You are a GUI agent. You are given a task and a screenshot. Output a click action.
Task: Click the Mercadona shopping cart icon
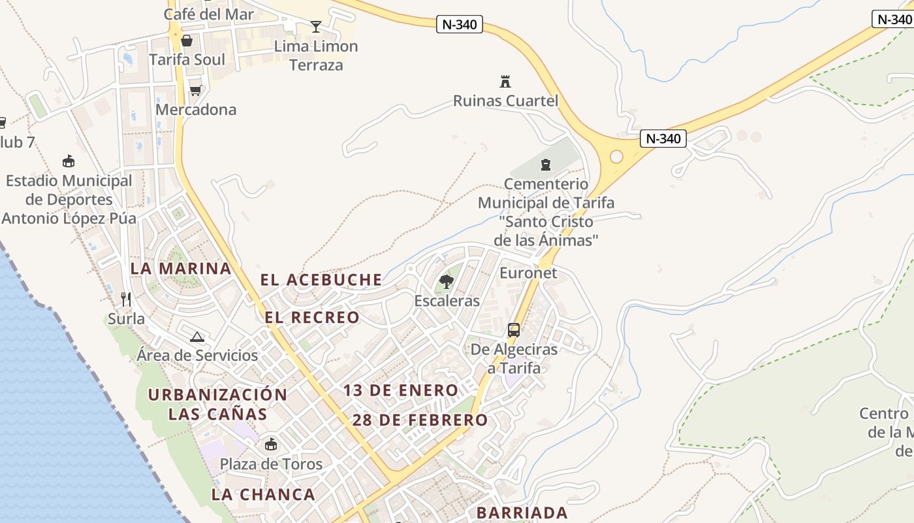(195, 90)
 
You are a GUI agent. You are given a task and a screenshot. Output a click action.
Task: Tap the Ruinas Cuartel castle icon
(505, 82)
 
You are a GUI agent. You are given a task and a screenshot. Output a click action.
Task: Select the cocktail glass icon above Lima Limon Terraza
(316, 27)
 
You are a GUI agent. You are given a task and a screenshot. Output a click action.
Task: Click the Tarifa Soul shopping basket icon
(187, 41)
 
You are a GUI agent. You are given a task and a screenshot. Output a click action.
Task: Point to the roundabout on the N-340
(616, 157)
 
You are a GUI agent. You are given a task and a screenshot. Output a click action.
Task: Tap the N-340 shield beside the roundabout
(663, 139)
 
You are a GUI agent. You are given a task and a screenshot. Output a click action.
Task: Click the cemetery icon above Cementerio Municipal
(546, 165)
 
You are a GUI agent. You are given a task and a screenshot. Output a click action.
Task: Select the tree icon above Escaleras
(447, 282)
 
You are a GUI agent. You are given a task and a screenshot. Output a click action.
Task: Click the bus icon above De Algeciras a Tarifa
(514, 330)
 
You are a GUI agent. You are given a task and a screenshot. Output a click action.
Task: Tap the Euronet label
(528, 273)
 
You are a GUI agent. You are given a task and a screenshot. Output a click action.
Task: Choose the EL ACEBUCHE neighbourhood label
(321, 280)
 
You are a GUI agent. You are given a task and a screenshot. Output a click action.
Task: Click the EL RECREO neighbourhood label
(312, 318)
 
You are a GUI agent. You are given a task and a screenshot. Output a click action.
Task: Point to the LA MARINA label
(181, 268)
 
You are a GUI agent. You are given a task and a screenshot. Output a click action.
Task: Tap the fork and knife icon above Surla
(126, 299)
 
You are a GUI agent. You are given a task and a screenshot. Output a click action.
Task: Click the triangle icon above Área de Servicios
(197, 337)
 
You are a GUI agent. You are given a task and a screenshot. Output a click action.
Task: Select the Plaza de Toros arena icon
(271, 445)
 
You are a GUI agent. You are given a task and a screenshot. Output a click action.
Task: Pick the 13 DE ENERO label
(401, 390)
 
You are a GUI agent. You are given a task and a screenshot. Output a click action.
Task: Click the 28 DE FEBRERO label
(420, 420)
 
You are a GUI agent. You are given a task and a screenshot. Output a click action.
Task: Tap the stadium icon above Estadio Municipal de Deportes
(68, 161)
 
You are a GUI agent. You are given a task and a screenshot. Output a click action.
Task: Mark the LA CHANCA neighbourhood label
(263, 494)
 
